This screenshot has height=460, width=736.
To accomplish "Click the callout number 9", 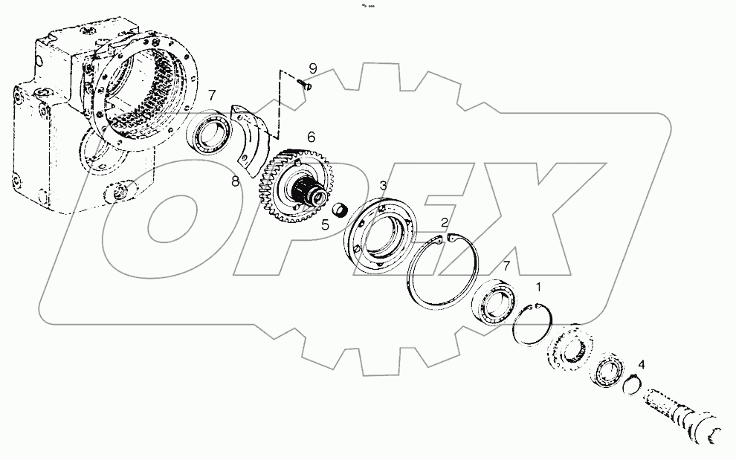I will point(312,68).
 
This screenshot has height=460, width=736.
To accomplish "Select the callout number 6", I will point(311,137).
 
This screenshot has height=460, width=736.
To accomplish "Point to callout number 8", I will point(235,181).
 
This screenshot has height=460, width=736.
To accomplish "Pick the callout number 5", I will point(326,224).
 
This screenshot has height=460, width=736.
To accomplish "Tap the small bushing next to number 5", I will point(340,210).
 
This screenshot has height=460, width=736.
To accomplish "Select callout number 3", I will point(383,184).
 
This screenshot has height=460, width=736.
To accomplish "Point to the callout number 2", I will point(444,222).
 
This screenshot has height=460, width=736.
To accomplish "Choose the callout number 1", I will point(539,285).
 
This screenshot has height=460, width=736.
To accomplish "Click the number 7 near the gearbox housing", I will point(212,94).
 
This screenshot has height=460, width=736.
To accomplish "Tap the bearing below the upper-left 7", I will point(211,134).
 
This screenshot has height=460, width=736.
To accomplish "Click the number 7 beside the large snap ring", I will point(506,265).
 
